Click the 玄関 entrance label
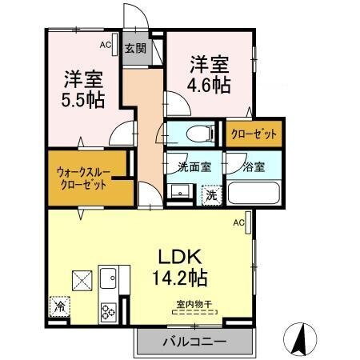[134, 48]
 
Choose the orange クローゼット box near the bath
[254, 134]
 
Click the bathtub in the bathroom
[253, 194]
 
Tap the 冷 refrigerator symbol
[59, 305]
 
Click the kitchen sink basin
[108, 279]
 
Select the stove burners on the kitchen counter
[108, 308]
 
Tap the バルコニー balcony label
[194, 342]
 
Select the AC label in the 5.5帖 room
[105, 46]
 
